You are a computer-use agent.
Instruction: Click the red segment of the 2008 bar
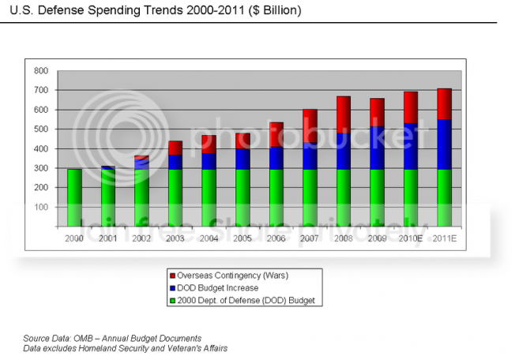point(344,114)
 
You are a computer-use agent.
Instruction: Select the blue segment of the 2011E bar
point(445,144)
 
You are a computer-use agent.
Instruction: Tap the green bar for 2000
point(74,197)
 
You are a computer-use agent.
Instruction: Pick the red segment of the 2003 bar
point(175,148)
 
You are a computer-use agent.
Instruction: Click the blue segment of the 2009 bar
point(378,147)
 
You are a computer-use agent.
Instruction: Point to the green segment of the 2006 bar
point(276,197)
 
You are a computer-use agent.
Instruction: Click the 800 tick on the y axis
point(42,70)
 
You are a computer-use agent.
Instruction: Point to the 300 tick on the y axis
point(42,168)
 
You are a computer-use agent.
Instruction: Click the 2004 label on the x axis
point(209,237)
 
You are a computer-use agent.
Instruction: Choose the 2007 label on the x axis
point(310,237)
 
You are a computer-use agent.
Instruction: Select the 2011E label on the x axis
point(445,237)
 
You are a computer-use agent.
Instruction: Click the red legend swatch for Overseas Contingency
point(171,276)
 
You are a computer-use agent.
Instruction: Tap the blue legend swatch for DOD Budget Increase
point(171,288)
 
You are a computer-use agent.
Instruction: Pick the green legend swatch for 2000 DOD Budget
point(171,301)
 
